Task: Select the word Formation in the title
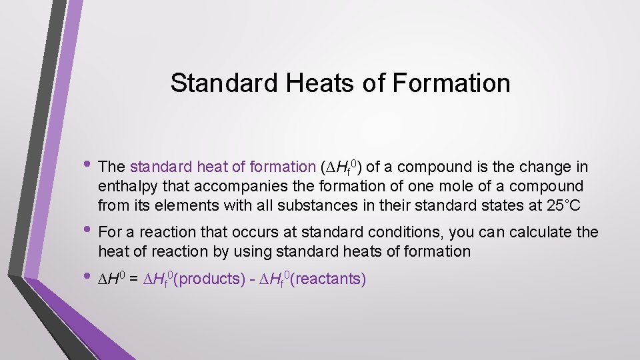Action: (452, 83)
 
